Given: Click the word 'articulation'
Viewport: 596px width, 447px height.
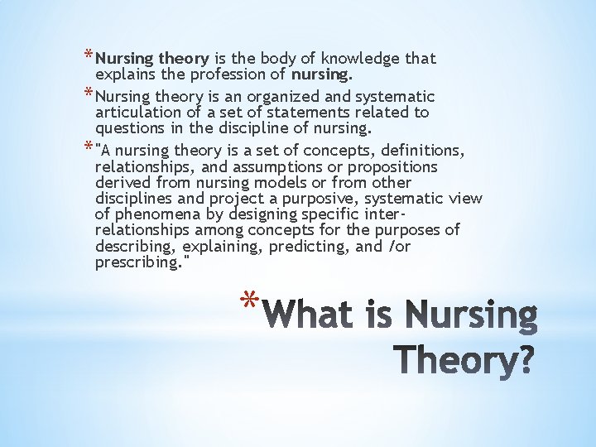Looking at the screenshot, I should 137,113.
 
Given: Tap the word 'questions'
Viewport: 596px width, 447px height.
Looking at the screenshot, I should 129,128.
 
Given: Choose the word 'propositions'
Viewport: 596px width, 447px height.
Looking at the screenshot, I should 397,166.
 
